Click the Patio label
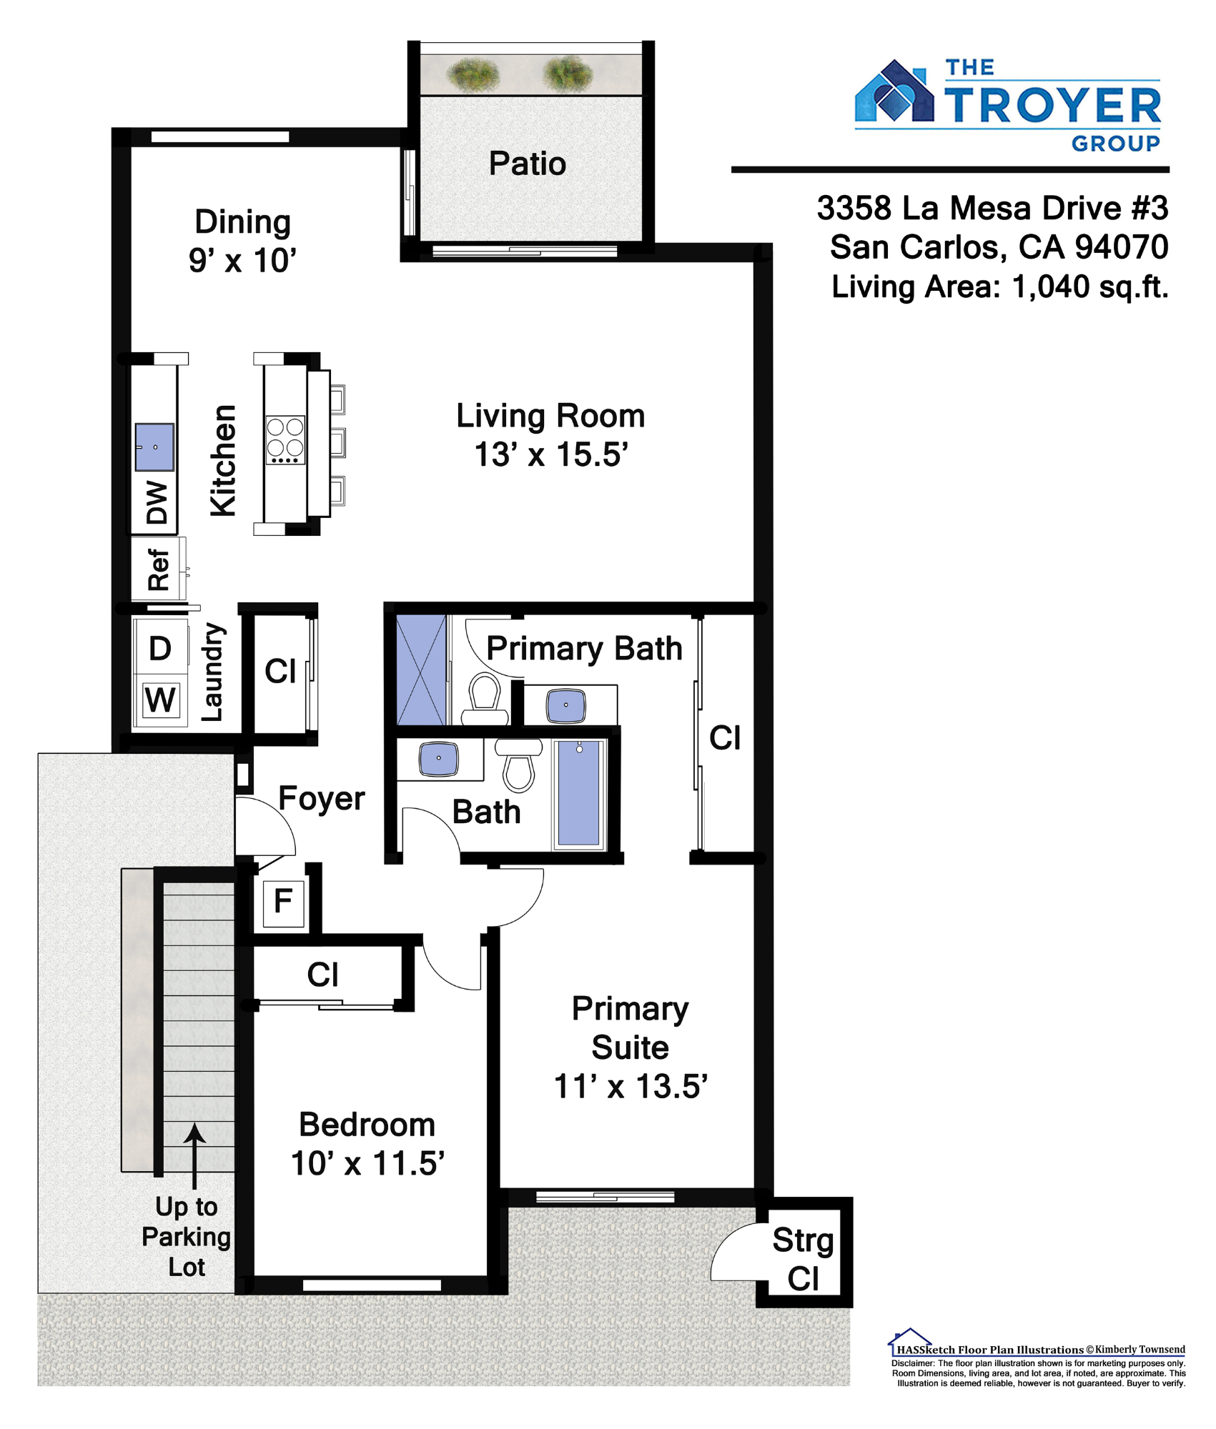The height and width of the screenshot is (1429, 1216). [528, 164]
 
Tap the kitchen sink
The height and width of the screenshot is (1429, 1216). [155, 447]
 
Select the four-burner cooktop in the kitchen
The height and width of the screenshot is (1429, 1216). [285, 440]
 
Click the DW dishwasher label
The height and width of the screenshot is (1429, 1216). [157, 502]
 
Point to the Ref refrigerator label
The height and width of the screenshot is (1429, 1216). [158, 569]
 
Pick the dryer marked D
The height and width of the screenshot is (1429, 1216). [160, 648]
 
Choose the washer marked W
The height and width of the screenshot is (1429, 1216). [160, 700]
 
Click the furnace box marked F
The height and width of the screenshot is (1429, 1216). [283, 902]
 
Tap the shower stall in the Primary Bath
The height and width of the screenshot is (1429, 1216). [421, 669]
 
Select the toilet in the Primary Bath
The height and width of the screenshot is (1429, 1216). [485, 700]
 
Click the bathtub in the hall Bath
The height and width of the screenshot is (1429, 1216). [579, 794]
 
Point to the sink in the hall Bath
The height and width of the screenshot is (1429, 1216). [439, 759]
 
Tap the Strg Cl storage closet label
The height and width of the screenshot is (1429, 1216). [804, 1259]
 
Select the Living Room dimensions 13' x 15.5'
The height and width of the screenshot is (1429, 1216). [551, 454]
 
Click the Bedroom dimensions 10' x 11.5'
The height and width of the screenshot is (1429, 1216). [367, 1164]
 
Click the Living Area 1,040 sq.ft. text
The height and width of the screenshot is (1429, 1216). [999, 287]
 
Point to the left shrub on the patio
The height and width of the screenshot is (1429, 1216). [473, 74]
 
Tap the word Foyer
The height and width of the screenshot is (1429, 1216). [322, 798]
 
